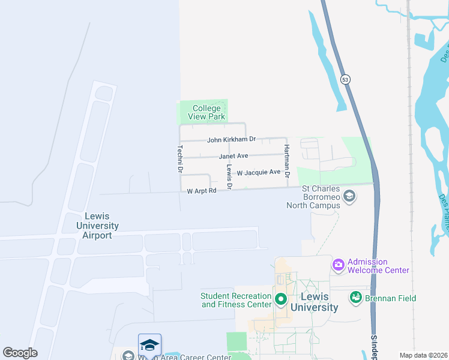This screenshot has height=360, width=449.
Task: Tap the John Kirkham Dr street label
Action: (x=231, y=140)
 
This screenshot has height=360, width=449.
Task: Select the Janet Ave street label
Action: (x=234, y=156)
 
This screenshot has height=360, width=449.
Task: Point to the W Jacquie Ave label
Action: (x=258, y=172)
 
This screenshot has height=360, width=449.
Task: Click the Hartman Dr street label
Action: (x=287, y=161)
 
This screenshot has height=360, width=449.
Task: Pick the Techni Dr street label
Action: (x=179, y=159)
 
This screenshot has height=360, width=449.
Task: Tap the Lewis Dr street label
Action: (x=229, y=176)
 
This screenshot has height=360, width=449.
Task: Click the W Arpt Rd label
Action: (x=201, y=191)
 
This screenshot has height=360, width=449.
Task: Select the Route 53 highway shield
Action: (x=344, y=79)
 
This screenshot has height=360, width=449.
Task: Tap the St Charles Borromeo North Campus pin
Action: (x=349, y=196)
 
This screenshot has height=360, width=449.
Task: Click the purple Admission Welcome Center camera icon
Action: (x=339, y=264)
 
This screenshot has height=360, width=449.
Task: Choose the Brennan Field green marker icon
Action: (x=356, y=297)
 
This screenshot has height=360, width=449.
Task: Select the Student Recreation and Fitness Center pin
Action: (x=280, y=298)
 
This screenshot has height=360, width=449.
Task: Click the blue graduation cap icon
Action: (x=149, y=344)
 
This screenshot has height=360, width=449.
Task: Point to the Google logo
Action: (x=20, y=353)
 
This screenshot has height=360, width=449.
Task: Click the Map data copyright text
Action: (x=423, y=355)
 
